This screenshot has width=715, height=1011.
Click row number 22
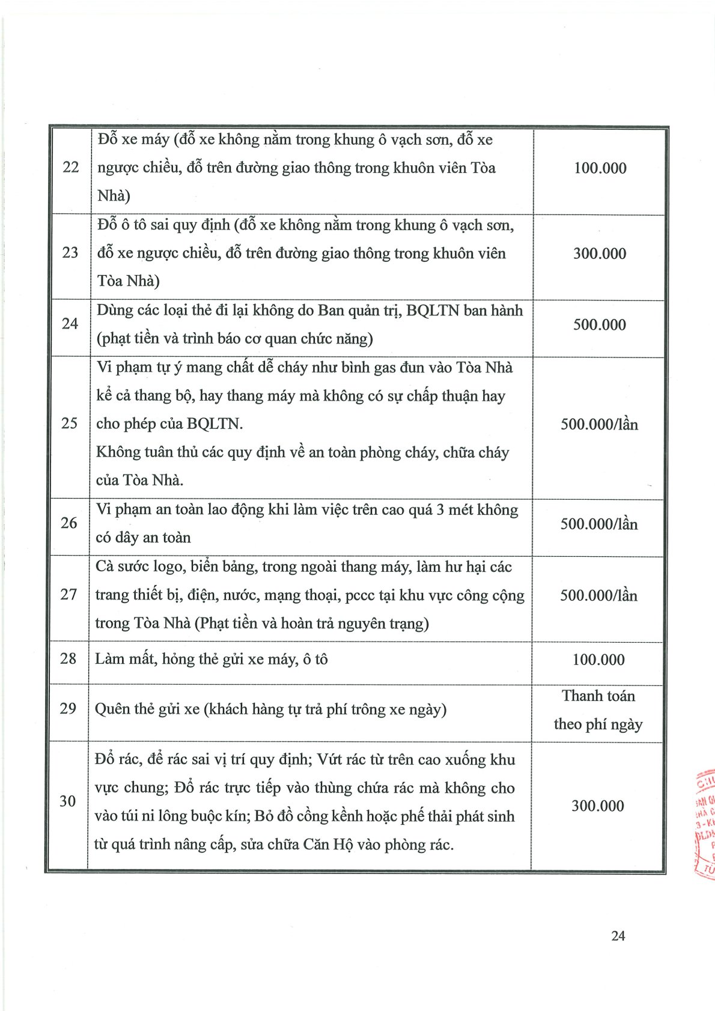(x=71, y=167)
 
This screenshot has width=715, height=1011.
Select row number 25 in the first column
(x=70, y=424)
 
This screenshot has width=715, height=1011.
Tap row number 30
(x=68, y=801)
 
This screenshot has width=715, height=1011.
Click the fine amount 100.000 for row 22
(x=600, y=168)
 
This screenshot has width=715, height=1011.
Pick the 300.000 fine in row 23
(x=599, y=254)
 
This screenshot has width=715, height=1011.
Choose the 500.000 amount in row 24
(x=599, y=325)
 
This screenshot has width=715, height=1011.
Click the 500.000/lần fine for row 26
(x=599, y=524)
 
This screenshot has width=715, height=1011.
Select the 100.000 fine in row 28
(x=598, y=660)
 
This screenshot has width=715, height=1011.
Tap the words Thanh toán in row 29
(x=598, y=696)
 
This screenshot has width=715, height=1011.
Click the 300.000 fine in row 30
(x=597, y=806)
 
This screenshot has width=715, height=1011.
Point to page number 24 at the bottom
(x=618, y=936)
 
